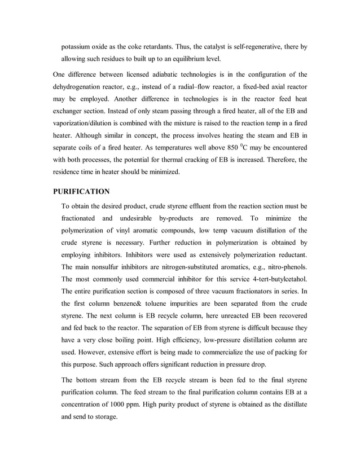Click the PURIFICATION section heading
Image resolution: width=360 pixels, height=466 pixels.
[x=81, y=191]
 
